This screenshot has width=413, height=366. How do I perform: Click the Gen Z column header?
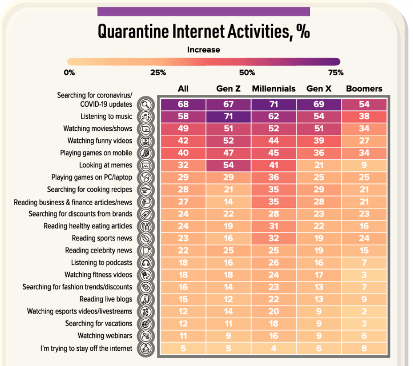point(229,89)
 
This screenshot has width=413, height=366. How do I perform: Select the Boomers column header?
point(364,89)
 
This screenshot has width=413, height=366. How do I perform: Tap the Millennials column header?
point(274,89)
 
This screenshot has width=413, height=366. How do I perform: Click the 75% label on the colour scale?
point(336,73)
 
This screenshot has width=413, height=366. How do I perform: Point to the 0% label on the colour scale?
point(69,73)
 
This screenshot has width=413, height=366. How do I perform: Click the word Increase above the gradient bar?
point(204,49)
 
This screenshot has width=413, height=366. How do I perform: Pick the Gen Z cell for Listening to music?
point(229,116)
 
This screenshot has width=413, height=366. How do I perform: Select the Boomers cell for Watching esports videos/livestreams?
point(364,311)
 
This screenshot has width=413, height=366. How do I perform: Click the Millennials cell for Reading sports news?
point(274,238)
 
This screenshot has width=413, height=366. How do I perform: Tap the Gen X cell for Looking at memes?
point(319,165)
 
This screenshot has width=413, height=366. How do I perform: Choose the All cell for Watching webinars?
point(183,336)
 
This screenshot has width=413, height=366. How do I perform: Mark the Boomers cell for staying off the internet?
point(364,348)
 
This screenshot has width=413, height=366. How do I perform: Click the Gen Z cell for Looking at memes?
point(229,165)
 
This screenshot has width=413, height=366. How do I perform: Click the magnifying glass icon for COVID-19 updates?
point(146,105)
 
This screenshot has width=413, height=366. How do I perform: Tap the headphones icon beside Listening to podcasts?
point(146,263)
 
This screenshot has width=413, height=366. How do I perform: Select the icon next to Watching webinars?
point(146,336)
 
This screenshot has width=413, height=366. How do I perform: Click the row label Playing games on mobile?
point(96,153)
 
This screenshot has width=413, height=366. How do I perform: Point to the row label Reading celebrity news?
point(99,250)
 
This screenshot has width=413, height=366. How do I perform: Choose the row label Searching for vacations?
point(99,324)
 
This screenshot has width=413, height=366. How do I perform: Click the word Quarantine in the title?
point(133,32)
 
